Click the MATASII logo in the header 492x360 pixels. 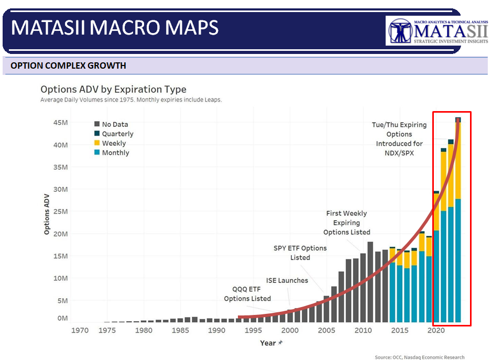tap(437, 31)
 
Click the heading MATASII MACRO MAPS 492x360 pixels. tap(115, 28)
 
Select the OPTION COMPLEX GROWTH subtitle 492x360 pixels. tap(68, 66)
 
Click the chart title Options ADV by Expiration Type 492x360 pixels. tap(113, 90)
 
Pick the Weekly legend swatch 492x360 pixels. tap(97, 143)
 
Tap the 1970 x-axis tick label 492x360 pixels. tap(80, 330)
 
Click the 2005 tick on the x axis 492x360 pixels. tap(326, 330)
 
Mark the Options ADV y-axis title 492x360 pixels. tap(47, 213)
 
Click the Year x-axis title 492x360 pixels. tap(268, 343)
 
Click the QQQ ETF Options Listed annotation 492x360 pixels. tap(247, 293)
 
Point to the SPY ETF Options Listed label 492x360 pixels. tap(300, 253)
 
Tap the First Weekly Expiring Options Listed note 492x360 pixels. tap(346, 223)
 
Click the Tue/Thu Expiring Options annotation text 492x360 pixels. tap(399, 139)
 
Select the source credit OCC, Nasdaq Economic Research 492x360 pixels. tap(419, 357)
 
